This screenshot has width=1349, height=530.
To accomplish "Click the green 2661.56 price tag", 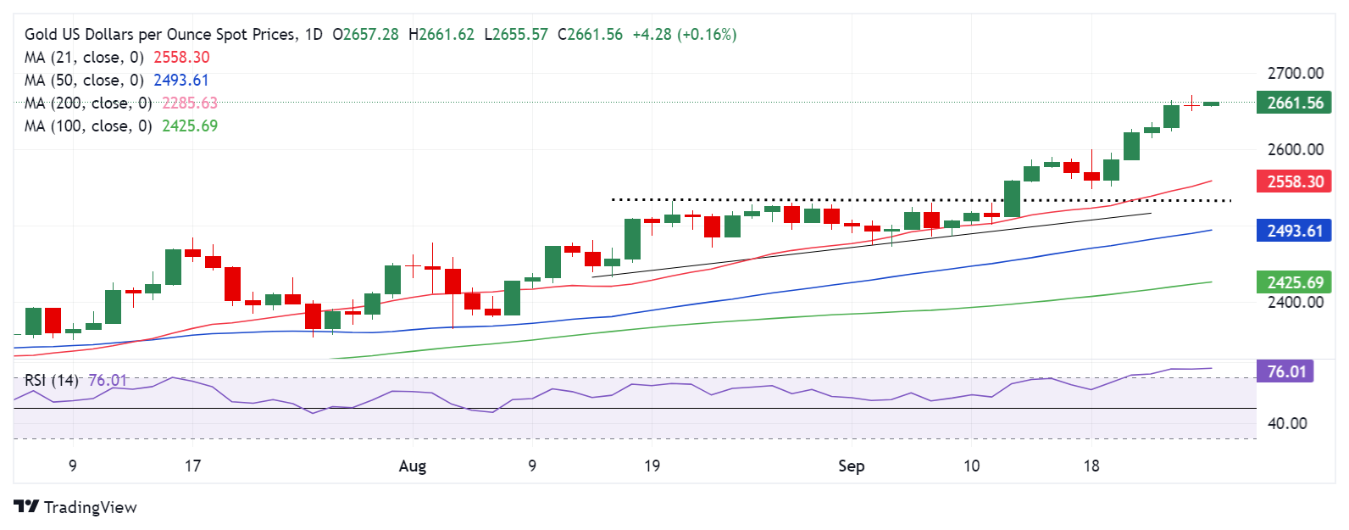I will pyautogui.click(x=1295, y=103).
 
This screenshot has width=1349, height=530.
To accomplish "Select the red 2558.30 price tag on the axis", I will pyautogui.click(x=1295, y=181).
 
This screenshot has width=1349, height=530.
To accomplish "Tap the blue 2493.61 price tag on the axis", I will pyautogui.click(x=1295, y=231).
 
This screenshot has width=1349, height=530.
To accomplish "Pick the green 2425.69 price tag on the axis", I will pyautogui.click(x=1295, y=282).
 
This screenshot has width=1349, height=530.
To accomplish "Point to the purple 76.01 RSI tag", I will pyautogui.click(x=1285, y=371).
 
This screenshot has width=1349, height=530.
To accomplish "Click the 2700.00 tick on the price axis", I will pyautogui.click(x=1295, y=74).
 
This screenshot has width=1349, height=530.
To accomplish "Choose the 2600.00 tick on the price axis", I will pyautogui.click(x=1295, y=149).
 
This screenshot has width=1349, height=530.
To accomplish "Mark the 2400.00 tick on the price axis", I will pyautogui.click(x=1295, y=302).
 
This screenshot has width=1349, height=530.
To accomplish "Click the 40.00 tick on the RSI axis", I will pyautogui.click(x=1286, y=423).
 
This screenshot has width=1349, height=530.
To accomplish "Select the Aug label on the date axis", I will pyautogui.click(x=413, y=466).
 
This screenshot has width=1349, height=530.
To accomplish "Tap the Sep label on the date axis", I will pyautogui.click(x=851, y=466).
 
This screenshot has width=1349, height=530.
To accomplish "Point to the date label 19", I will pyautogui.click(x=652, y=466).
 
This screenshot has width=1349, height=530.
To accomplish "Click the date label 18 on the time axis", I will pyautogui.click(x=1091, y=466).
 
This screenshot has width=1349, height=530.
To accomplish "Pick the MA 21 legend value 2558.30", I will pyautogui.click(x=181, y=58).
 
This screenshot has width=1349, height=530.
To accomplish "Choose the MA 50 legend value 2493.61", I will pyautogui.click(x=180, y=81).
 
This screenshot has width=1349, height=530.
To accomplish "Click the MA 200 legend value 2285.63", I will pyautogui.click(x=190, y=103).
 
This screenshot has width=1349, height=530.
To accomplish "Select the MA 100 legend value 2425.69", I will pyautogui.click(x=190, y=126).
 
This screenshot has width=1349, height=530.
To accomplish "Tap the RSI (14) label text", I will pyautogui.click(x=52, y=381).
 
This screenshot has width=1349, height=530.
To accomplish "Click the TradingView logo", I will pyautogui.click(x=75, y=507).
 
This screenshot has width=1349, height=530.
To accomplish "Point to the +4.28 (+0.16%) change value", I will pyautogui.click(x=685, y=35).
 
